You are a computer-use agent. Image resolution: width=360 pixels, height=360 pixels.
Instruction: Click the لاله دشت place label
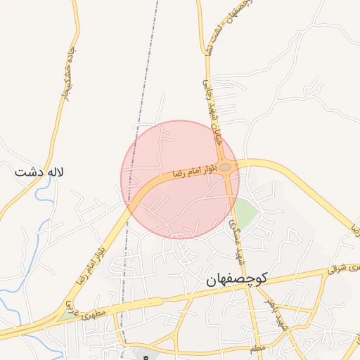[39, 171]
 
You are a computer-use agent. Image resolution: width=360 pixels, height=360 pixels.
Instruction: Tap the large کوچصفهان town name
[242, 280]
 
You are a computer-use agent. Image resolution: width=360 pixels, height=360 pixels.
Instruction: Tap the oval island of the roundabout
[225, 167]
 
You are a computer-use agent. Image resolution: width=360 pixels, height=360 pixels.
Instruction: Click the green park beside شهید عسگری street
[245, 209]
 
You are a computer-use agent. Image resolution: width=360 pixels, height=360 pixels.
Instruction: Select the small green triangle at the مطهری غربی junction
[69, 315]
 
